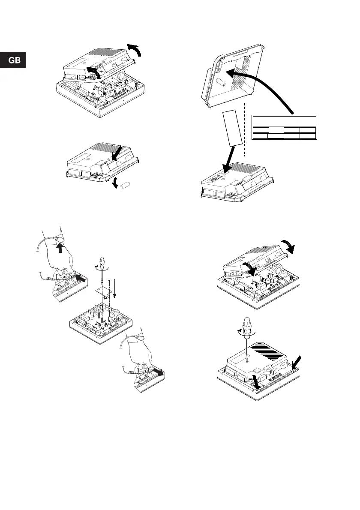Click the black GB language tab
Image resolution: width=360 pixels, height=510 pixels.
click(x=13, y=60)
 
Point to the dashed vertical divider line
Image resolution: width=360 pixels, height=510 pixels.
click(x=244, y=129)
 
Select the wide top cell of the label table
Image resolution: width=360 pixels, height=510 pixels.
click(x=284, y=120)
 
